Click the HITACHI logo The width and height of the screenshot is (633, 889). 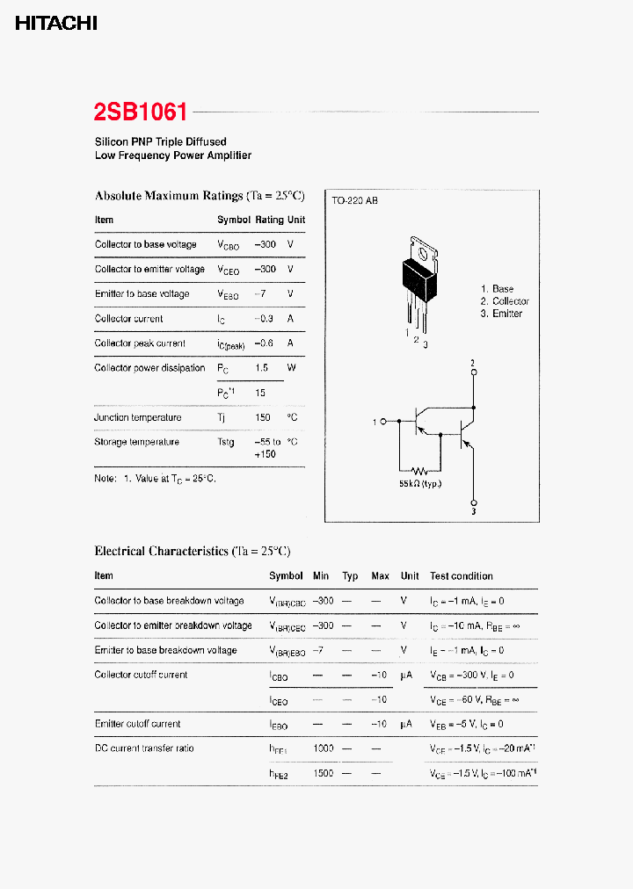(56, 24)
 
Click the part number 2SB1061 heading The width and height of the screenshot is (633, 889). (141, 112)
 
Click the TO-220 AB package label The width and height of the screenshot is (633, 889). (354, 201)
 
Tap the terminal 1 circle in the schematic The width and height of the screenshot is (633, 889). (384, 423)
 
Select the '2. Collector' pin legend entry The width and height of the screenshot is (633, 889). (505, 301)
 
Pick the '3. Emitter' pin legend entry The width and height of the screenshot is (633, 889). (501, 314)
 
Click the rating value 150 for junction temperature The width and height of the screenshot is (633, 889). (262, 417)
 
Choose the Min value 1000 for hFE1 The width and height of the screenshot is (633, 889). (323, 748)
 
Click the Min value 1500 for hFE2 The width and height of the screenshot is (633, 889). (323, 773)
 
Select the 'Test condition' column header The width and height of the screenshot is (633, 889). (461, 576)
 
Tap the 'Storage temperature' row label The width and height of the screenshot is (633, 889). (136, 442)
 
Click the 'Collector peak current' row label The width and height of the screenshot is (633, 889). (140, 343)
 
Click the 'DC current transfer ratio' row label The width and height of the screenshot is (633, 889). (144, 748)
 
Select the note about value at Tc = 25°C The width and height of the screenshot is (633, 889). (155, 479)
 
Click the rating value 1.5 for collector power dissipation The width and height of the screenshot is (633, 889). (262, 368)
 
